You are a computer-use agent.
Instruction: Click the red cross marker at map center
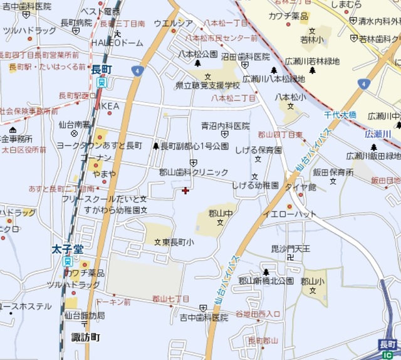pos(185,190)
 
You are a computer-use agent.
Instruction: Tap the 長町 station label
pos(101,69)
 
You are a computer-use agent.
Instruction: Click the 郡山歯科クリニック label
pos(194,172)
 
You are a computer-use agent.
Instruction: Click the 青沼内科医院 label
pos(225,126)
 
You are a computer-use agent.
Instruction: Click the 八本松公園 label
pos(197,54)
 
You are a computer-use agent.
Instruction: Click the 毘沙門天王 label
pos(290,249)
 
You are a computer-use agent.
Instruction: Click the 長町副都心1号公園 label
pos(194,146)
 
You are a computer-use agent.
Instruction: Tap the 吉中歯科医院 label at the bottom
pos(204,318)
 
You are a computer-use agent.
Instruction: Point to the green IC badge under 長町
pos(387,355)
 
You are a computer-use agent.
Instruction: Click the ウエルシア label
pos(173,24)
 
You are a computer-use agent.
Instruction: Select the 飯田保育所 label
pos(333,171)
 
